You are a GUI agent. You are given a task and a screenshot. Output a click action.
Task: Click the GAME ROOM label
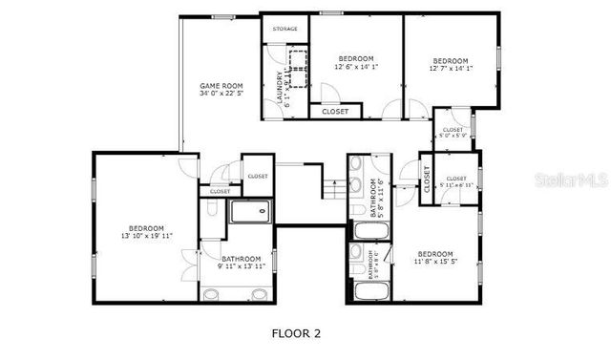point(221,85)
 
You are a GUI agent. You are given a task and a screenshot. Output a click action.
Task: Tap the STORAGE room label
point(284,30)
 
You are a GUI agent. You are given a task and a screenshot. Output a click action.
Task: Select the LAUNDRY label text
point(280,88)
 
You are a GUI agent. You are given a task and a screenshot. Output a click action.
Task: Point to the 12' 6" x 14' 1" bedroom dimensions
point(357,67)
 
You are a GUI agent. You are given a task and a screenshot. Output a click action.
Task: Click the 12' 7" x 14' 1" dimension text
point(451,67)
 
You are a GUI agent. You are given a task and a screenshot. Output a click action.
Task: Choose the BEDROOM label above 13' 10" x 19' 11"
point(147,227)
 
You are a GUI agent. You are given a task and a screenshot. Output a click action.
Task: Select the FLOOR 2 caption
point(296,333)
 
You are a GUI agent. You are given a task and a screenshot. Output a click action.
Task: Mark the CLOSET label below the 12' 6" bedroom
point(335,112)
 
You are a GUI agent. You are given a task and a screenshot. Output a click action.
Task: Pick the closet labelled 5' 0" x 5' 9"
point(453,131)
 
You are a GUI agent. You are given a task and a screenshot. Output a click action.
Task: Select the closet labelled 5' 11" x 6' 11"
point(455,180)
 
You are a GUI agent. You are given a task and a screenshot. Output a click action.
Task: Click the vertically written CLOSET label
point(427,178)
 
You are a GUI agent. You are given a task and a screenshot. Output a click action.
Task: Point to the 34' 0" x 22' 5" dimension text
point(221,94)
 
